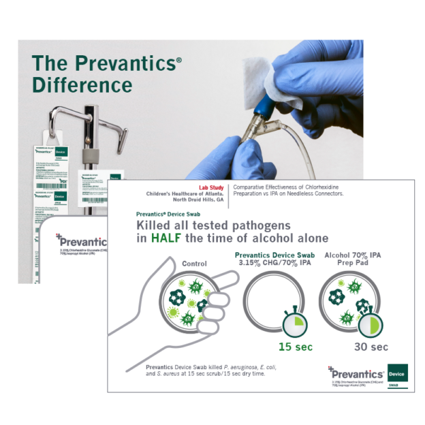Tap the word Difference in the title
point(82,86)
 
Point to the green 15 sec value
point(295,347)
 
